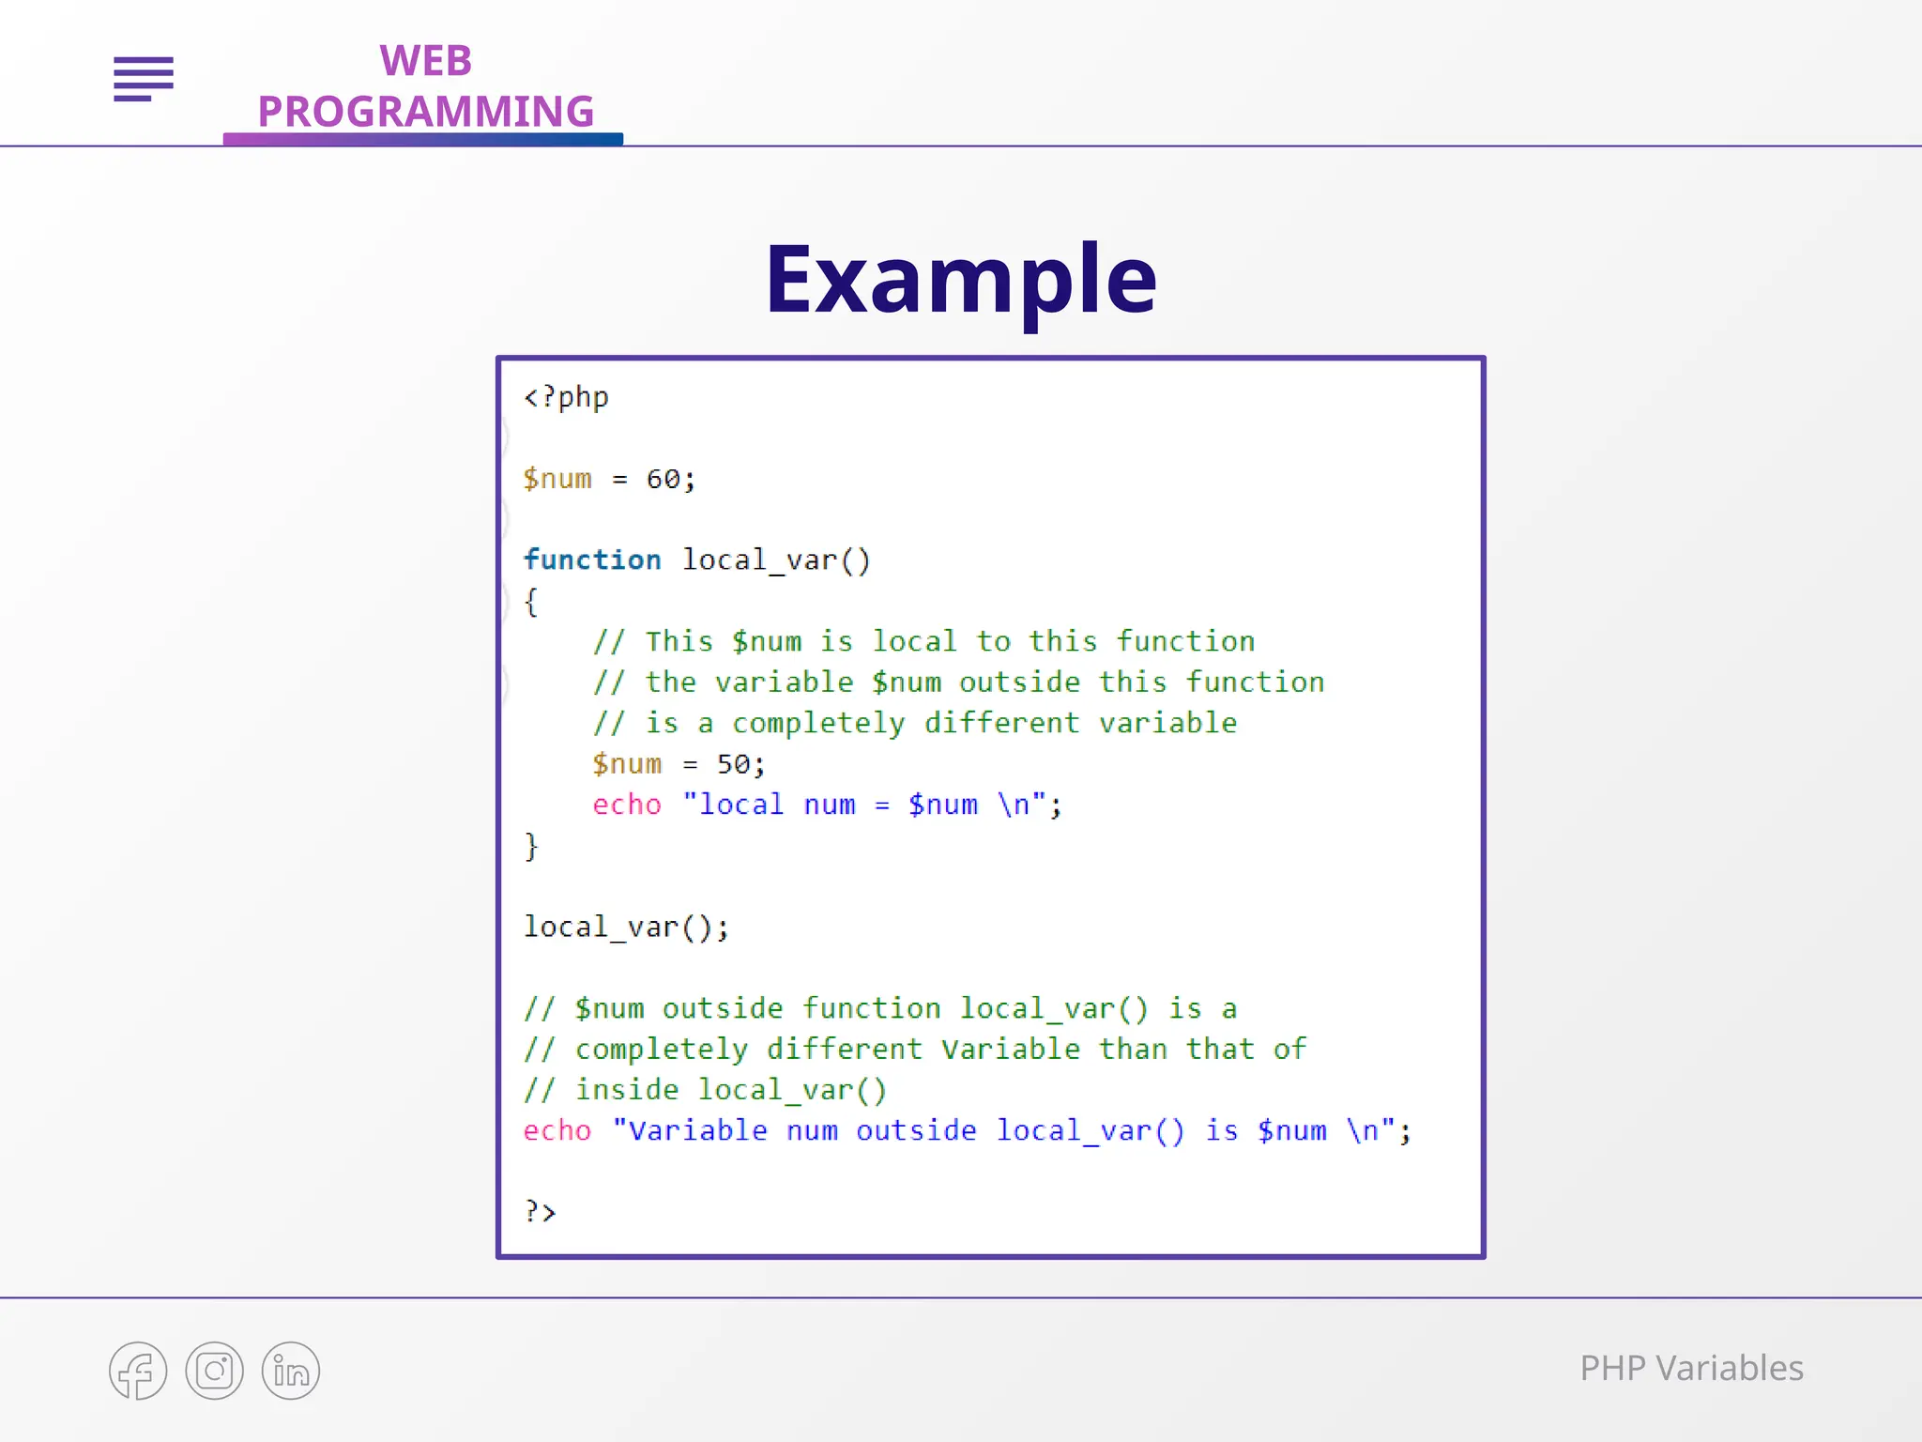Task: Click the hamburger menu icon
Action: tap(144, 78)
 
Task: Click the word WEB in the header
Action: tap(425, 61)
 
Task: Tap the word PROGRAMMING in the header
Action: tap(425, 112)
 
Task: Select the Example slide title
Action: tap(960, 279)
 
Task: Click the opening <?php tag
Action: tap(566, 397)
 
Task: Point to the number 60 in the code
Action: tap(663, 480)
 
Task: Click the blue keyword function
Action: tap(592, 560)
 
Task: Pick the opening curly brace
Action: tap(531, 602)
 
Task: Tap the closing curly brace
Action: tap(531, 846)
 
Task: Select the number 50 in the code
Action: tap(734, 764)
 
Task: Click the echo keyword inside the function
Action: tap(627, 805)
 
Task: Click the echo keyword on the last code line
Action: tap(557, 1130)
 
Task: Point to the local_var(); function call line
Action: tap(626, 928)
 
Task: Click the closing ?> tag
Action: tap(541, 1211)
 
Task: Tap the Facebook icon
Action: tap(138, 1371)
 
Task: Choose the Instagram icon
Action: tap(214, 1371)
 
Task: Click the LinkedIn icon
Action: tap(291, 1371)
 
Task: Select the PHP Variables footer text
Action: tap(1691, 1368)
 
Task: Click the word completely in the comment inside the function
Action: tap(818, 723)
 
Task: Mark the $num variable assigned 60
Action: tap(557, 480)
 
